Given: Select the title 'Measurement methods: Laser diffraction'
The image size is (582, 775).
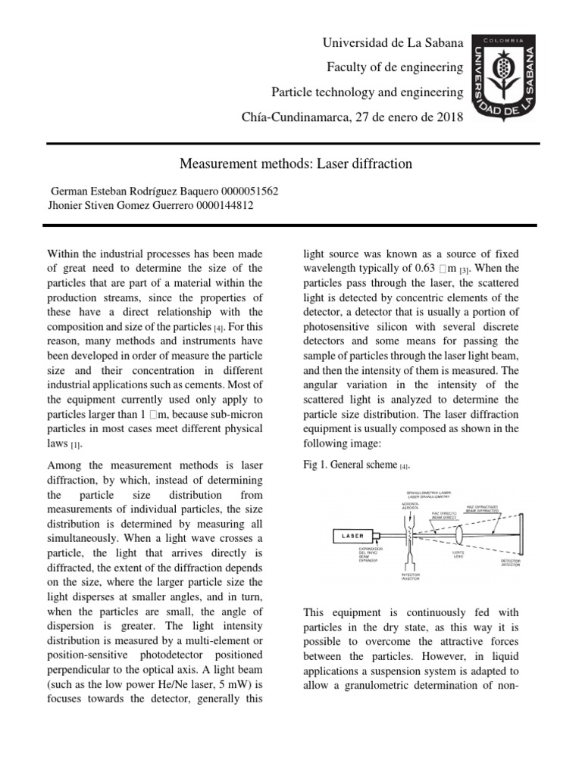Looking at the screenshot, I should [x=296, y=163].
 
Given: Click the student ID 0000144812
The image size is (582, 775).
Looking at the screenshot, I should [x=224, y=205].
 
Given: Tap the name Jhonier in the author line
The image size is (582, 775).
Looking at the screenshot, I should [x=67, y=205].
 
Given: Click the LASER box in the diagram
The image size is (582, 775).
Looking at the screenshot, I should [x=352, y=537].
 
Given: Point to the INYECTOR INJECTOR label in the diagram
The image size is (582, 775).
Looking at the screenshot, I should [x=411, y=577].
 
